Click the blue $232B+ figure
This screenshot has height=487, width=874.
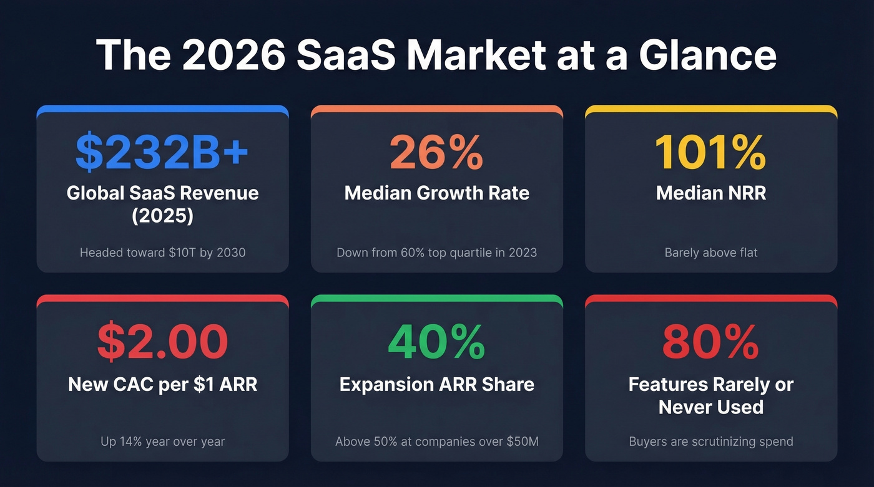(x=162, y=152)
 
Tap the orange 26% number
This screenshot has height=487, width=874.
(x=436, y=152)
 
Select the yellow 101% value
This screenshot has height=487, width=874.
(x=710, y=152)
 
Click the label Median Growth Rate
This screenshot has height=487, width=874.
(x=436, y=193)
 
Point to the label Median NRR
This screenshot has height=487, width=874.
(x=710, y=193)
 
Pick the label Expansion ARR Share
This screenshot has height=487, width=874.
(x=436, y=384)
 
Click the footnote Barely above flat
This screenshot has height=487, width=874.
(x=710, y=253)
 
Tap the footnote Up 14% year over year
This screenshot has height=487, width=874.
(x=162, y=441)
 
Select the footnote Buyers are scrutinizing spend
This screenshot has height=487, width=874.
(x=710, y=441)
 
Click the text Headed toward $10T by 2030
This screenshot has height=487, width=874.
(x=162, y=253)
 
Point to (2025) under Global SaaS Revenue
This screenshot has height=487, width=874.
(x=162, y=215)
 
